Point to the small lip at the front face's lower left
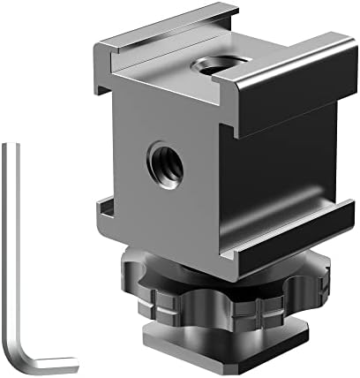(x=107, y=213)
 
